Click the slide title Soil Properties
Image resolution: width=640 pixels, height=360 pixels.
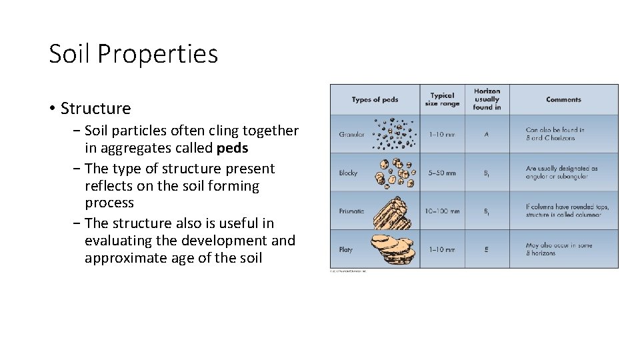click(133, 54)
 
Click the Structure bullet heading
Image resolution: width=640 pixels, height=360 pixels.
click(95, 108)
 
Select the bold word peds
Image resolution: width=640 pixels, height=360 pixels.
click(232, 148)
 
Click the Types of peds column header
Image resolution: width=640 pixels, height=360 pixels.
click(375, 100)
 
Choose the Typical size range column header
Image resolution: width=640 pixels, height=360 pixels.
click(442, 100)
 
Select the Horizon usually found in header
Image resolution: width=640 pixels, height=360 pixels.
click(487, 99)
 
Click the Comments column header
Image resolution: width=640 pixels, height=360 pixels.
click(563, 100)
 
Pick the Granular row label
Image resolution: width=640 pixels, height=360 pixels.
click(351, 134)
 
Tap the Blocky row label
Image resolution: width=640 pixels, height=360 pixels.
click(348, 173)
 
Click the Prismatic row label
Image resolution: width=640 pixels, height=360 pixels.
click(351, 211)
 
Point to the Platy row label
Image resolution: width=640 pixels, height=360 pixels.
click(345, 249)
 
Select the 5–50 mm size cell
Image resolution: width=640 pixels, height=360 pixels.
click(442, 173)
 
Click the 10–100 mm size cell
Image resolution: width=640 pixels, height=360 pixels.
click(442, 211)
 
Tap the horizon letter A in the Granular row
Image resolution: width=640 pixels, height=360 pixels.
click(487, 134)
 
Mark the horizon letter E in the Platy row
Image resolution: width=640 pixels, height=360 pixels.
click(487, 249)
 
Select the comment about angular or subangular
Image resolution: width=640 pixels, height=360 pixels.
click(561, 172)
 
